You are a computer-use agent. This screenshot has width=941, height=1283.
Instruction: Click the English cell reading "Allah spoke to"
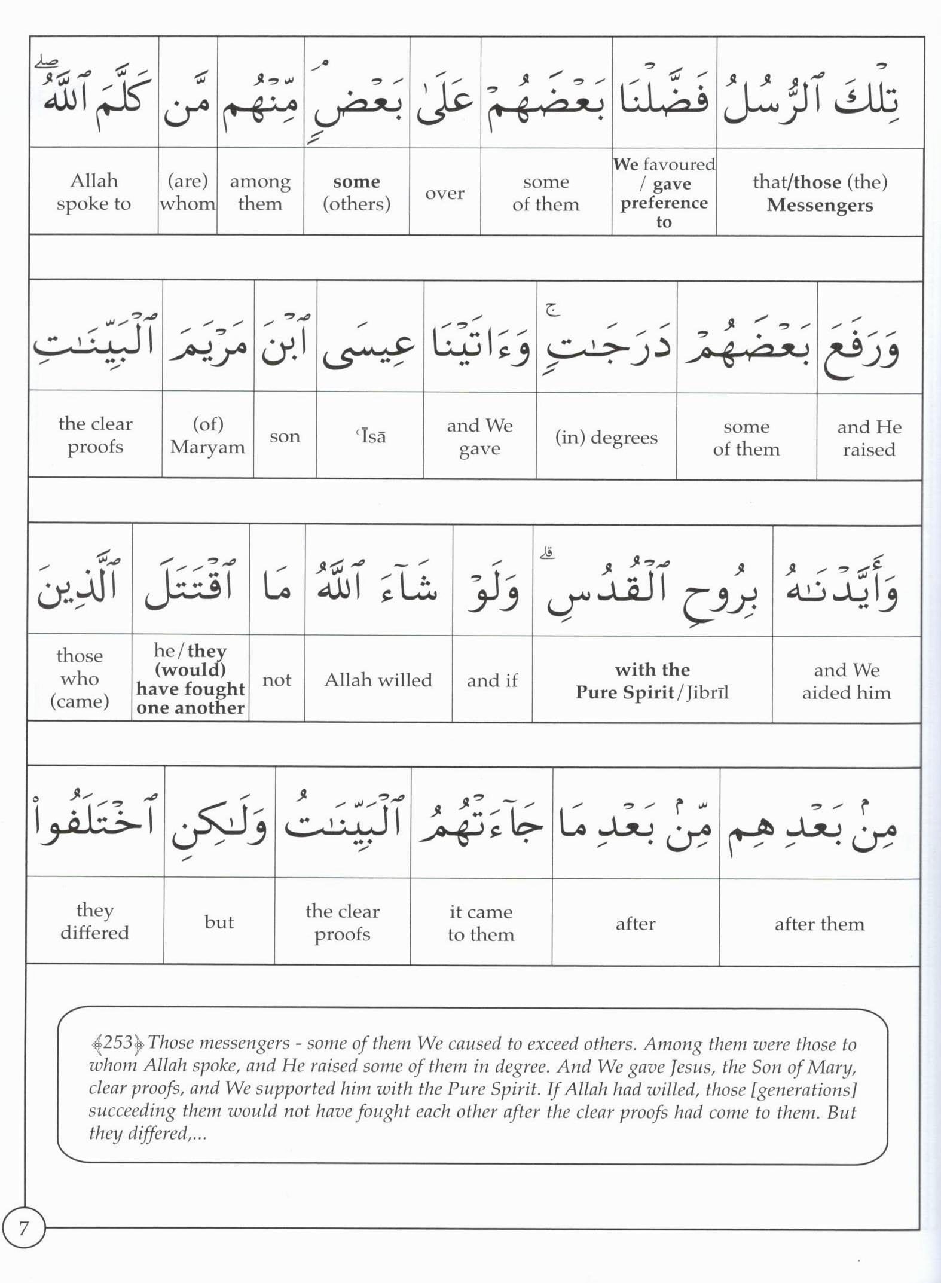tap(94, 192)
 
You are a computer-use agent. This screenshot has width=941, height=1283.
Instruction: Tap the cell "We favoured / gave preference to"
tap(664, 193)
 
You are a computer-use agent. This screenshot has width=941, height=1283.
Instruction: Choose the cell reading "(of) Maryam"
tap(207, 435)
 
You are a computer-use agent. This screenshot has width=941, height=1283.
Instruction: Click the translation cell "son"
tap(285, 436)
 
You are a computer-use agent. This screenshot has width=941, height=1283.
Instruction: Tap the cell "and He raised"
tap(869, 438)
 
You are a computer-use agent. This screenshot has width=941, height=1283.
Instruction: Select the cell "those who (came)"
tap(80, 678)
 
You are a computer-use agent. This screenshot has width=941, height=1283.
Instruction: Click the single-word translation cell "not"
tap(277, 679)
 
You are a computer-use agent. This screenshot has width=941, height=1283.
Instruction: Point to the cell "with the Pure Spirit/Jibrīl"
tap(652, 681)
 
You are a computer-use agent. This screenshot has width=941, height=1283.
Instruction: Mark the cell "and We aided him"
tap(846, 681)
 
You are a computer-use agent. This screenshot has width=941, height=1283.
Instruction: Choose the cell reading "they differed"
tap(94, 921)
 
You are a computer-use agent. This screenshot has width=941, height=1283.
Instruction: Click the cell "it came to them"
tap(481, 923)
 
